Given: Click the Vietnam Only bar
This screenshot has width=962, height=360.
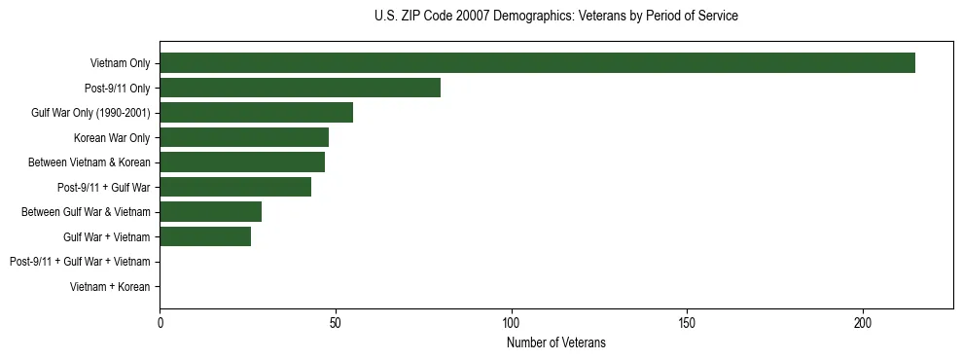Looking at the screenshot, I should click(537, 63).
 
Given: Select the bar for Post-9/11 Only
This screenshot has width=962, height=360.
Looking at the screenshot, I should click(300, 88).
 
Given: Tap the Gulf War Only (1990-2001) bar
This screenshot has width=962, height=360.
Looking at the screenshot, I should click(256, 113).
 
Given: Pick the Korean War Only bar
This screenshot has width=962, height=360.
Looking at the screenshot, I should click(244, 137).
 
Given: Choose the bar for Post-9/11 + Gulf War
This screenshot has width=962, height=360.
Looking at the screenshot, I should click(235, 187).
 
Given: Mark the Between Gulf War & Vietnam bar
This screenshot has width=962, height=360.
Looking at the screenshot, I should click(210, 212).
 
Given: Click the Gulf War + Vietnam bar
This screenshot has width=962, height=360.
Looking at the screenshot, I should click(205, 236).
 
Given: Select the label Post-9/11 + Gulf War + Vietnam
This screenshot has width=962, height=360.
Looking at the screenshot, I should click(80, 262).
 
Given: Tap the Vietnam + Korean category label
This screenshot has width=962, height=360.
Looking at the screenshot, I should click(110, 287).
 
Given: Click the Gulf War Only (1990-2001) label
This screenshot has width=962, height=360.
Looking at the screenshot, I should click(90, 113).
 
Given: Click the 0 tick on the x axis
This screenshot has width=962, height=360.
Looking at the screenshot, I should click(160, 322).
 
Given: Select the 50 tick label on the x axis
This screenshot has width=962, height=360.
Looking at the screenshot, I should click(336, 322).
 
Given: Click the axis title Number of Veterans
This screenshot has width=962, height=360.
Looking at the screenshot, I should click(556, 342).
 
